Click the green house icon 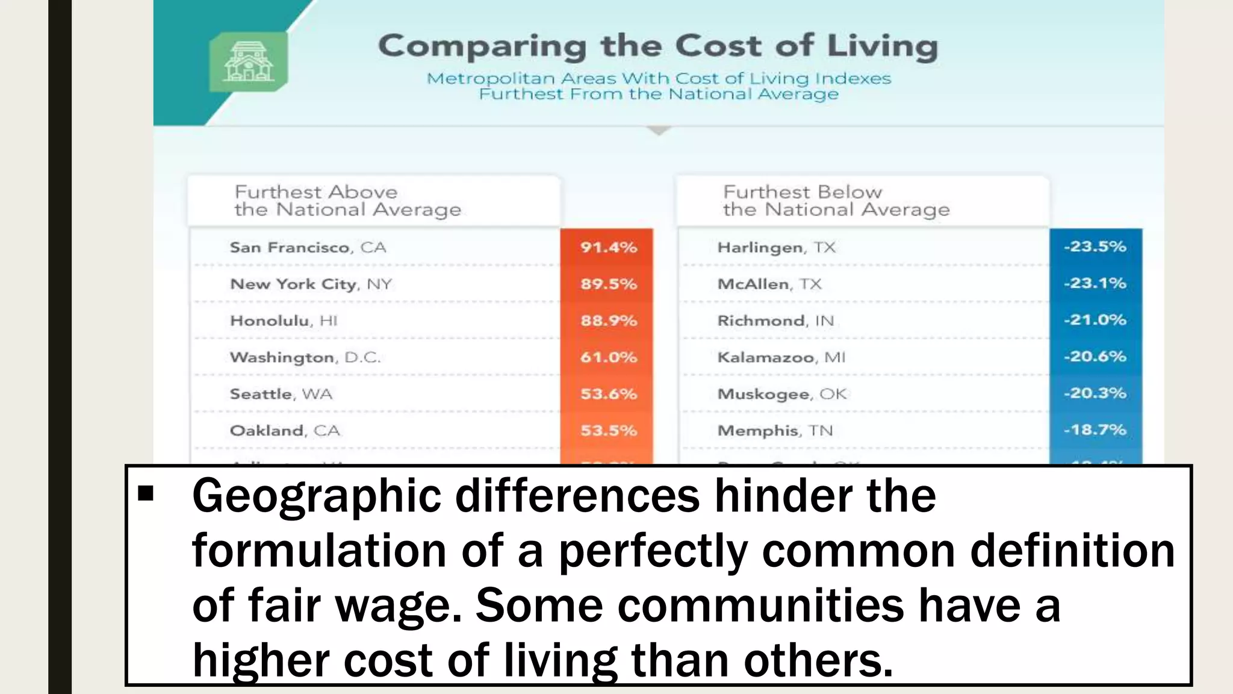(248, 61)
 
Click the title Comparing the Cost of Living (658, 46)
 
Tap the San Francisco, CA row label (308, 248)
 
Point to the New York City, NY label (311, 284)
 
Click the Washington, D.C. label (305, 357)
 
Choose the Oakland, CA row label (285, 431)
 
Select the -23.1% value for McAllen (1095, 283)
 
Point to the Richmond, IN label (775, 320)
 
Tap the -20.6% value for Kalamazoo (1095, 357)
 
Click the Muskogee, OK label (782, 394)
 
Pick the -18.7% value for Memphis (1095, 430)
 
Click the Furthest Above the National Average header (347, 201)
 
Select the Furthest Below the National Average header (836, 201)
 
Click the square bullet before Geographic (146, 495)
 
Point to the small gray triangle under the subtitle (659, 131)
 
